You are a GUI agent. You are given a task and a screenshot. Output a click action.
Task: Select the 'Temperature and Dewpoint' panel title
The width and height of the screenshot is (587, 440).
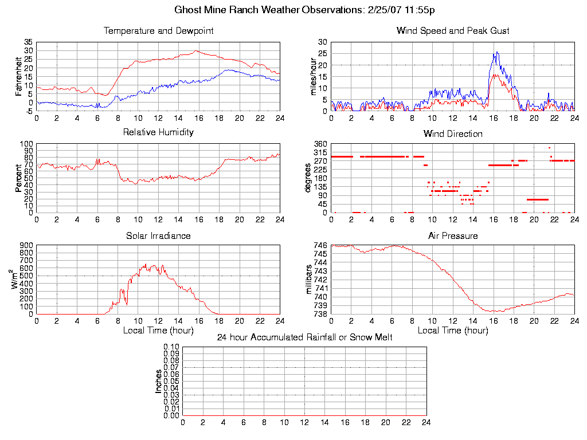(x=158, y=31)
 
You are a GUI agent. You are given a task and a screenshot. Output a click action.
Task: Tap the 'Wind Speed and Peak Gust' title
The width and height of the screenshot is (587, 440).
(x=453, y=31)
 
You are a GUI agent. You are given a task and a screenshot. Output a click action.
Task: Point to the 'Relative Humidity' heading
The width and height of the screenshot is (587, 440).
(x=158, y=132)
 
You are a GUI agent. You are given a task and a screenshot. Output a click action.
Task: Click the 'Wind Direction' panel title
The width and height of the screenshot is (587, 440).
(x=453, y=134)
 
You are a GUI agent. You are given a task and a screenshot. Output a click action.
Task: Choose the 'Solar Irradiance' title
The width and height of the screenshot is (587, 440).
(x=158, y=235)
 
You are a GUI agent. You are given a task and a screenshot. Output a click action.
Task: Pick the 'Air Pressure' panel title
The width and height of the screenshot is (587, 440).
(x=453, y=235)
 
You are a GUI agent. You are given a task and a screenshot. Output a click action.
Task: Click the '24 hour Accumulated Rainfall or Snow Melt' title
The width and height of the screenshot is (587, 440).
(x=304, y=337)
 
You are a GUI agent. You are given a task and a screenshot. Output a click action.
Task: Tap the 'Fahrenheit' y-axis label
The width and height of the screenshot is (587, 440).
(x=18, y=76)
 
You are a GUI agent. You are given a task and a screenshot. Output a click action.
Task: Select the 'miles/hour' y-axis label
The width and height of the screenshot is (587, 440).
(x=313, y=76)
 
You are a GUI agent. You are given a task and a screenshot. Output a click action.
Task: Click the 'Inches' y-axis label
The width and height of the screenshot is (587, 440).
(x=159, y=381)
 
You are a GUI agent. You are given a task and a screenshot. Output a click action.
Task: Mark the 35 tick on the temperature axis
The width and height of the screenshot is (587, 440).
(x=28, y=42)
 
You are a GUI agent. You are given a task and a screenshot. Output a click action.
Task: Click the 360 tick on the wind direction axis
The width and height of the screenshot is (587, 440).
(x=320, y=144)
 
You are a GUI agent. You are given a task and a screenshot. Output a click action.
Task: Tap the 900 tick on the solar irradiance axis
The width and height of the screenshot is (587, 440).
(x=26, y=245)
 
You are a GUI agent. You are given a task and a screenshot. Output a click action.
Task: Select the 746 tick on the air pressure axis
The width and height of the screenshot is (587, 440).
(x=320, y=245)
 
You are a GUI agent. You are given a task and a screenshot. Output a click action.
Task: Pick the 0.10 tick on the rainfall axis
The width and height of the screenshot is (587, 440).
(x=171, y=347)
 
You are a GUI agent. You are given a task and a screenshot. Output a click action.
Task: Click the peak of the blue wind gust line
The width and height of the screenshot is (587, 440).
(x=496, y=52)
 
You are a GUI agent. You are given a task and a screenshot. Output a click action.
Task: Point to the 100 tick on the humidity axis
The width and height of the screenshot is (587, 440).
(x=26, y=144)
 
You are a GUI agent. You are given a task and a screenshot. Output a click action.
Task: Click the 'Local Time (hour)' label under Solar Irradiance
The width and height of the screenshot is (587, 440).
(x=158, y=330)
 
